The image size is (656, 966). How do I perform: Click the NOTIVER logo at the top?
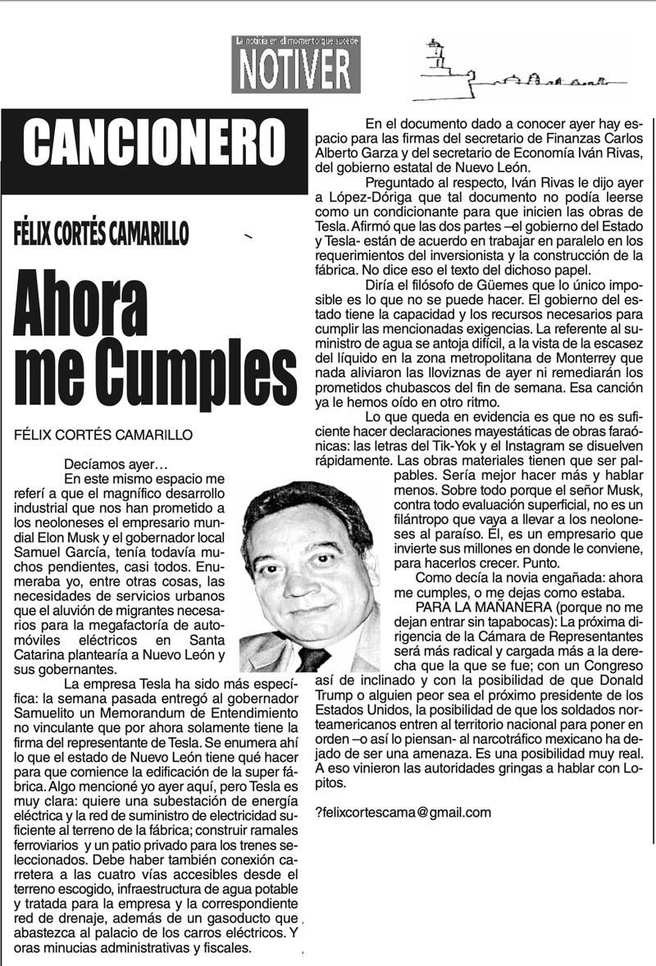pyautogui.click(x=296, y=66)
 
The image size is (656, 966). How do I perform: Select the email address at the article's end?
pyautogui.click(x=403, y=813)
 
